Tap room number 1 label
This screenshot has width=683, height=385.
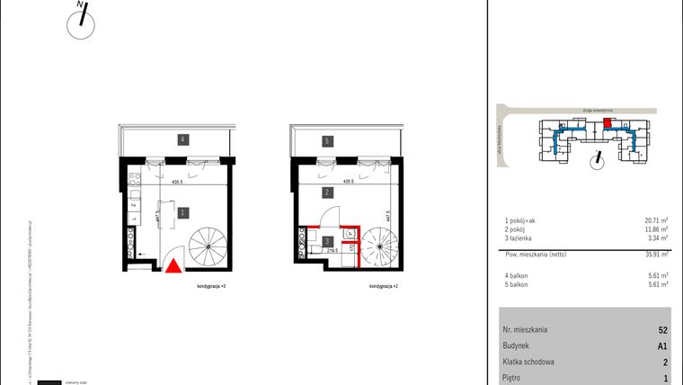point(182,213)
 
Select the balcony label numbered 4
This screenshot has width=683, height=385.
point(182,140)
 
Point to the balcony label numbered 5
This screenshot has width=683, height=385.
point(328,141)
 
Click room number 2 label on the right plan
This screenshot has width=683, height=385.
point(328,192)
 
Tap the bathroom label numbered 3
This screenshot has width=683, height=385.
point(329,240)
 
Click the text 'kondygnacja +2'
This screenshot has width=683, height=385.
point(385,286)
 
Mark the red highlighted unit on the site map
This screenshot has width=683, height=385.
point(607,123)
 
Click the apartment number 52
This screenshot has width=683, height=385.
point(662,330)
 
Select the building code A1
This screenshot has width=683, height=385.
point(662,346)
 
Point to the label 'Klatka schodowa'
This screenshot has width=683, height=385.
point(529,363)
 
